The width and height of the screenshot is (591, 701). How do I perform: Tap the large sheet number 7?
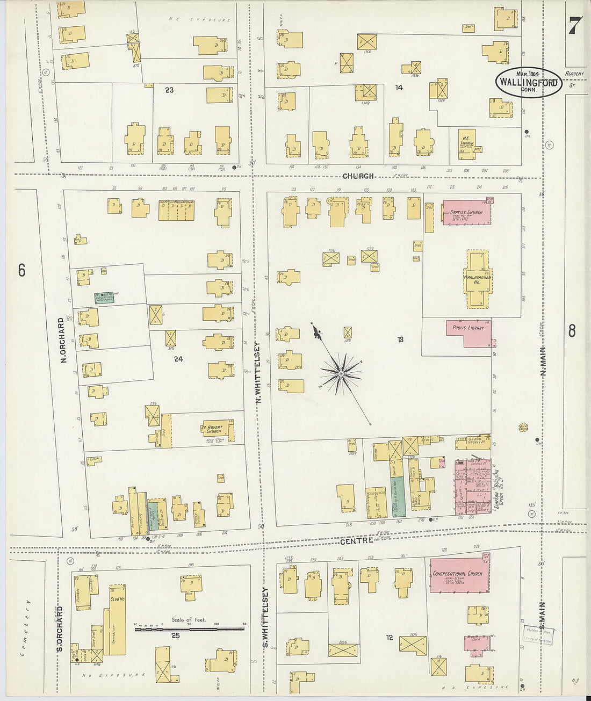(575, 25)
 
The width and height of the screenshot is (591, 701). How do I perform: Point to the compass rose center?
(341, 373)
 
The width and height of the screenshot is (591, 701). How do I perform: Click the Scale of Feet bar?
(189, 628)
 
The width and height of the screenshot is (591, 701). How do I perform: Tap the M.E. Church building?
(466, 144)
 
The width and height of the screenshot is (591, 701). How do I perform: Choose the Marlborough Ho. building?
(478, 279)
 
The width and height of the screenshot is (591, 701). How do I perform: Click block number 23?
(169, 90)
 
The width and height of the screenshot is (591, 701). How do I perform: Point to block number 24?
(178, 359)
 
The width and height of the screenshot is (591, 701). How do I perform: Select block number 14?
(399, 88)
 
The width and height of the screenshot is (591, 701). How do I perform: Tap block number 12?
(389, 638)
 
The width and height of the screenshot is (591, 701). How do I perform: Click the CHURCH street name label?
(358, 176)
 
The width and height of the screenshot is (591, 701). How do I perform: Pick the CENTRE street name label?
(356, 541)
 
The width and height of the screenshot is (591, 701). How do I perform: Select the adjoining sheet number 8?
(572, 331)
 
